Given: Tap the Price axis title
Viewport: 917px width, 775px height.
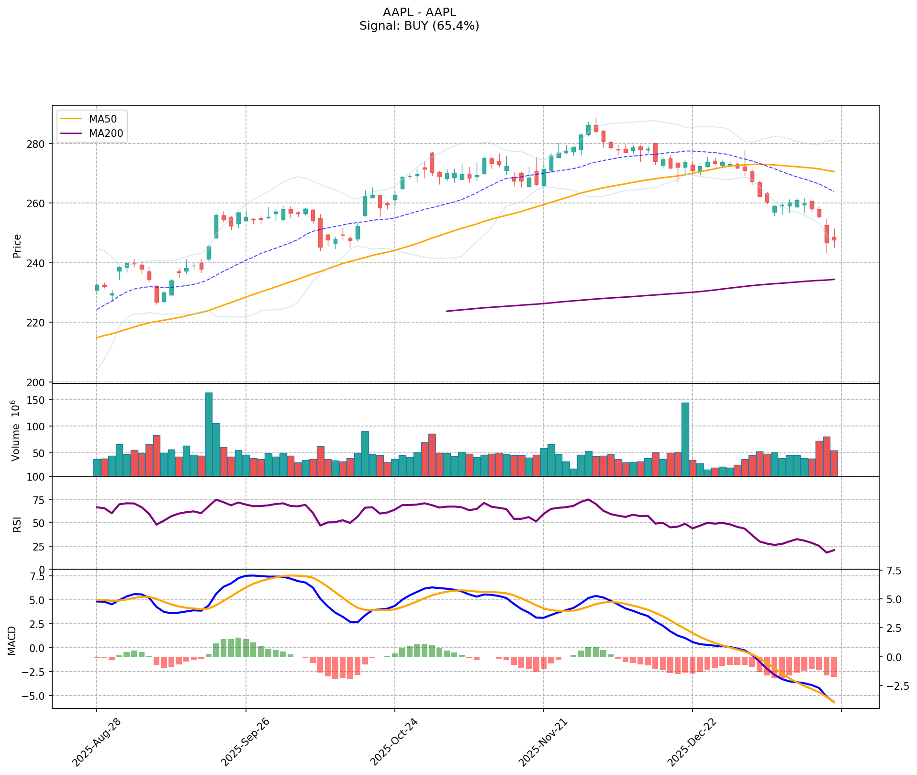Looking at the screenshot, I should click(17, 246).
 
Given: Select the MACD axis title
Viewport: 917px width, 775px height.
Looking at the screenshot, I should click(12, 640).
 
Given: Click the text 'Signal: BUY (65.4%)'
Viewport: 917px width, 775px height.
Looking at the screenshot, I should click(419, 26).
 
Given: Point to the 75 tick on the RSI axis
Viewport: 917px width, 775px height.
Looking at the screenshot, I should click(41, 500).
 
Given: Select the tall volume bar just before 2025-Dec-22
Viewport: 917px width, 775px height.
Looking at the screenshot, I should click(685, 438).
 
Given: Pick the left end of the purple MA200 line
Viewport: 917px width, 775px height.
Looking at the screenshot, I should click(447, 311).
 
